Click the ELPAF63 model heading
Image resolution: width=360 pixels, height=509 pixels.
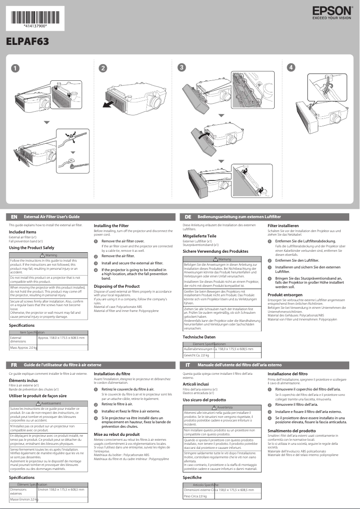[27, 41]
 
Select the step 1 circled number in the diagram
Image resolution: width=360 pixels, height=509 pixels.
[15, 68]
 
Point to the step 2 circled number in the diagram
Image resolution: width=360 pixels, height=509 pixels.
[103, 68]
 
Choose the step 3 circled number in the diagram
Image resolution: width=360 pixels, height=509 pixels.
[181, 67]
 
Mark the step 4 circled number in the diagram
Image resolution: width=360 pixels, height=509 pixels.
[292, 68]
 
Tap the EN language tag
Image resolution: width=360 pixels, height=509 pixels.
[14, 217]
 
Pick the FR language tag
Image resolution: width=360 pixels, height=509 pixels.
[14, 365]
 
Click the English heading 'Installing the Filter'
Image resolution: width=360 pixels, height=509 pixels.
[111, 225]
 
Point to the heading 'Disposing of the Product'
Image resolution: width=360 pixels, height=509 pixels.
[116, 286]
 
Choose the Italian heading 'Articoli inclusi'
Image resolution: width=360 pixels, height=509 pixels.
[196, 384]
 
